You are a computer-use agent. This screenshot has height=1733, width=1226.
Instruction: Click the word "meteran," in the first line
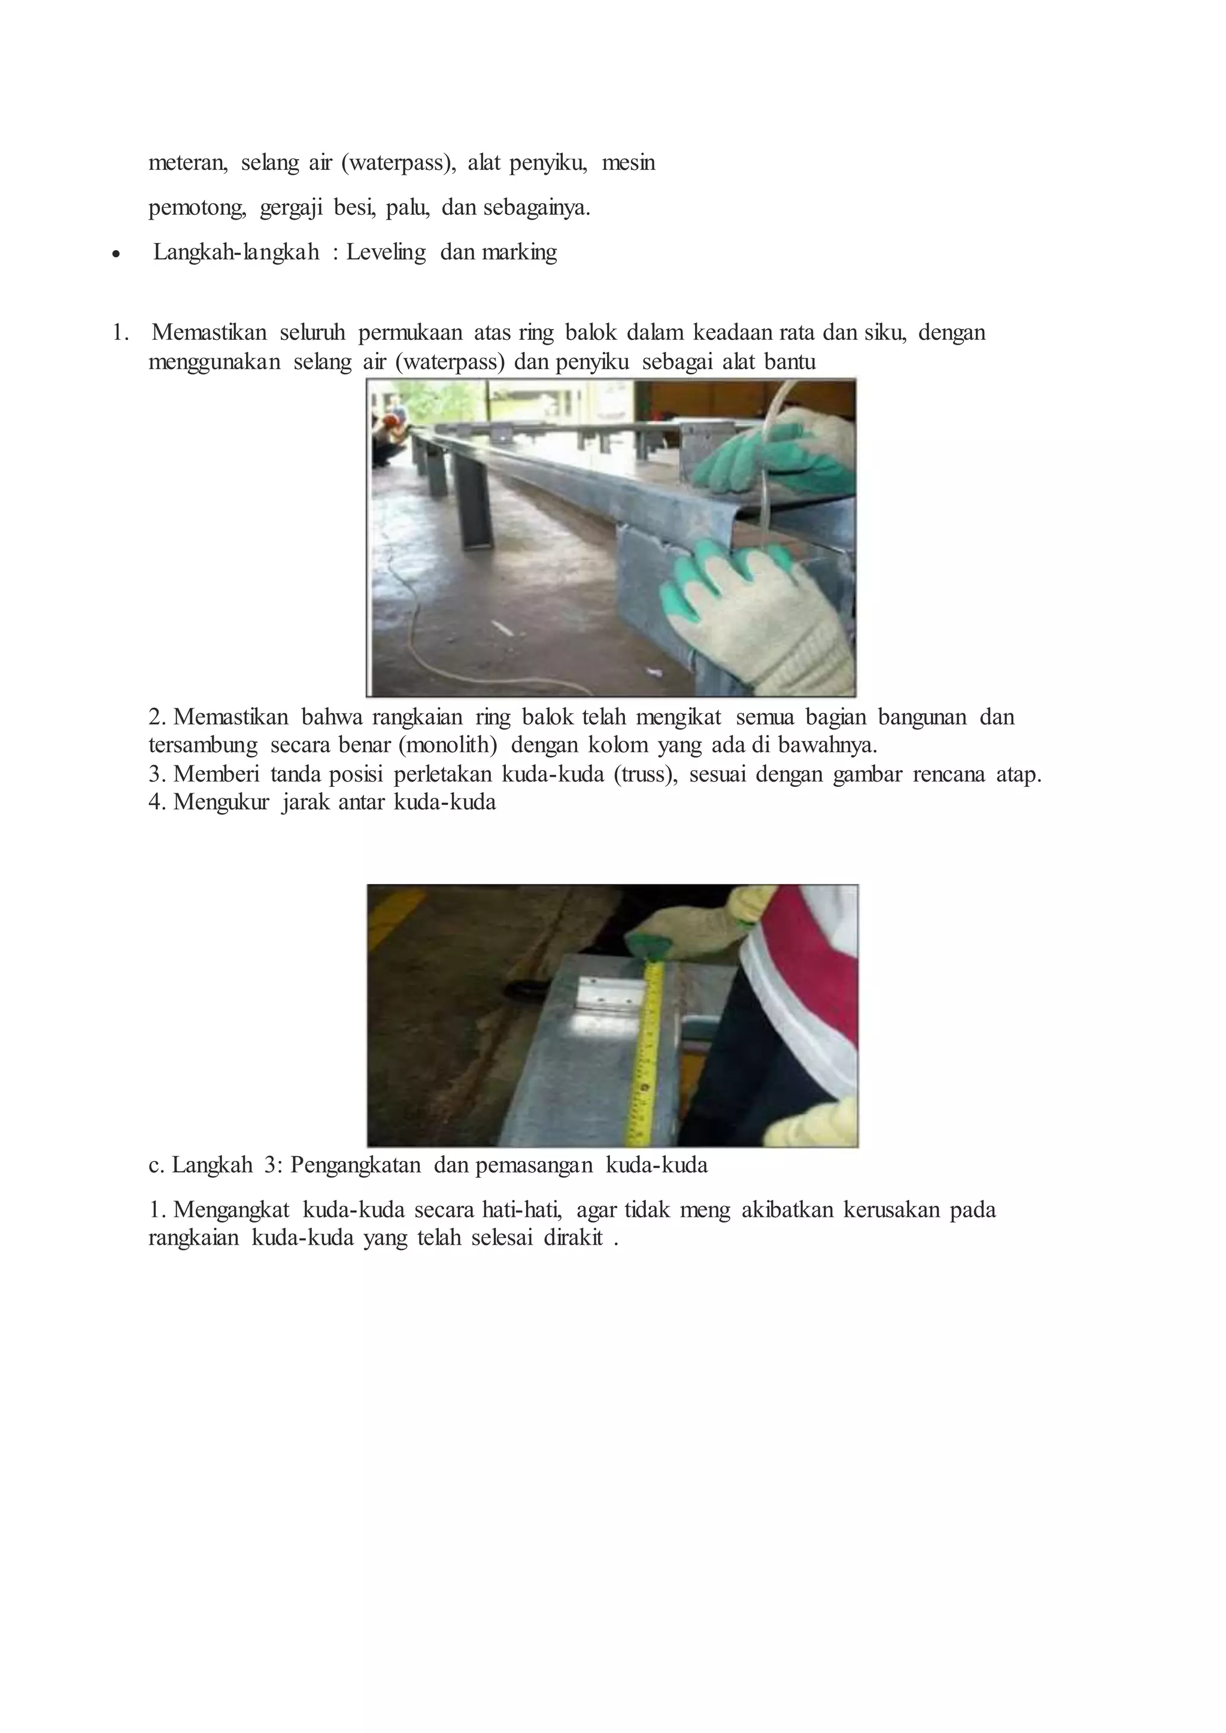(x=187, y=163)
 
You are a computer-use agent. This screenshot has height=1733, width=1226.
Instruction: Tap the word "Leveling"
(x=386, y=252)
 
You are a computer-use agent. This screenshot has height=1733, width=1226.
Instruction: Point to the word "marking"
(x=520, y=252)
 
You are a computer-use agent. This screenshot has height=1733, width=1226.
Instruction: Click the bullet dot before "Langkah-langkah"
(x=115, y=255)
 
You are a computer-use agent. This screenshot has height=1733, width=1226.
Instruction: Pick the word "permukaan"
(x=410, y=333)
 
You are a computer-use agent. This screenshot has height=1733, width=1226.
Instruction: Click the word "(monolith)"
(x=448, y=746)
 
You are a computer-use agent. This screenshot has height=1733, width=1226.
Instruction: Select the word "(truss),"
(x=645, y=774)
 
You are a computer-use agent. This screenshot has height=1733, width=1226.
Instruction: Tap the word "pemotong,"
(x=197, y=208)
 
